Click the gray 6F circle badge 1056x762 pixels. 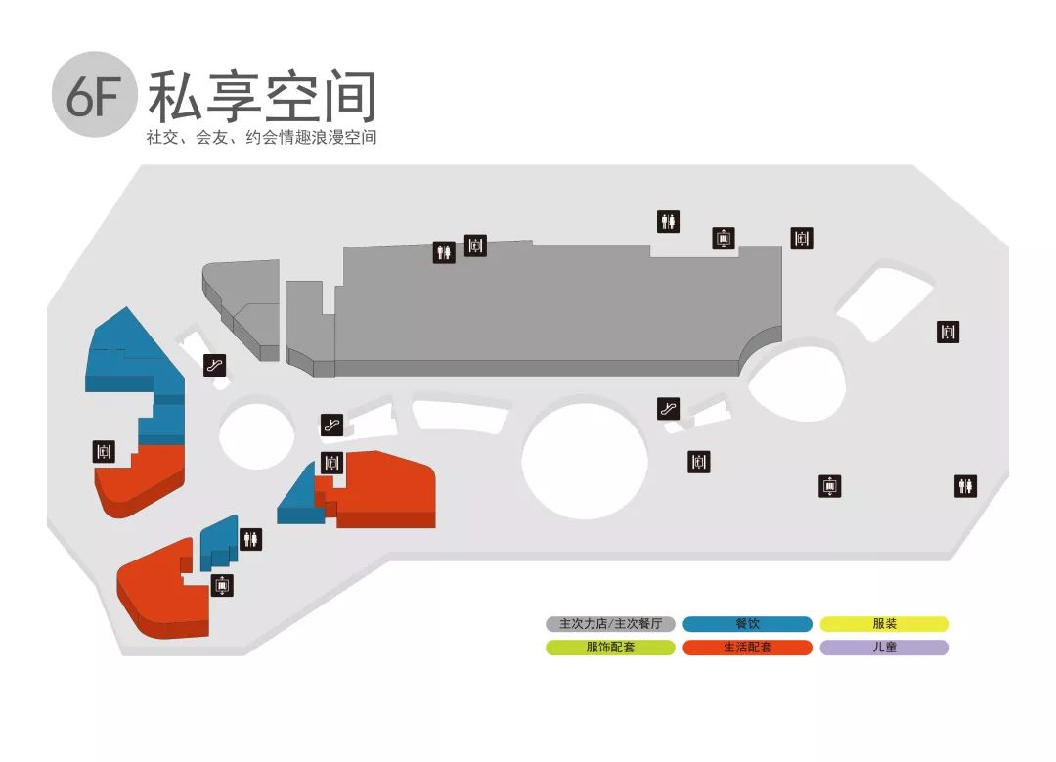pyautogui.click(x=94, y=95)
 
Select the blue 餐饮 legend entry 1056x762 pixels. pyautogui.click(x=747, y=624)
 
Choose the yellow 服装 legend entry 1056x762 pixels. pyautogui.click(x=884, y=624)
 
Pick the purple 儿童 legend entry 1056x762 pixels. pyautogui.click(x=884, y=648)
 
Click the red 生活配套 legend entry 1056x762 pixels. pyautogui.click(x=747, y=648)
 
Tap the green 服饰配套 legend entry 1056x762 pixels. pyautogui.click(x=610, y=648)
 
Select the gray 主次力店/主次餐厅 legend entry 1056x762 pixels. pyautogui.click(x=610, y=624)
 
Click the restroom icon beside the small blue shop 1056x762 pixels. pyautogui.click(x=251, y=538)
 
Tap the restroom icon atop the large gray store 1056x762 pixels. pyautogui.click(x=444, y=252)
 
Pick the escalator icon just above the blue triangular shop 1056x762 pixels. pyautogui.click(x=332, y=425)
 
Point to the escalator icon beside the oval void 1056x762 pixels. pyautogui.click(x=669, y=409)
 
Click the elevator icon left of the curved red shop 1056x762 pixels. pyautogui.click(x=105, y=452)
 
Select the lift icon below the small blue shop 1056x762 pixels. pyautogui.click(x=223, y=586)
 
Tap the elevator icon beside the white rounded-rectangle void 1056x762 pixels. pyautogui.click(x=946, y=332)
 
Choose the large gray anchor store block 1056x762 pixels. pyautogui.click(x=548, y=308)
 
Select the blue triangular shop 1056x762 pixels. pyautogui.click(x=300, y=499)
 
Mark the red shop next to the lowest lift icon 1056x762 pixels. pyautogui.click(x=161, y=592)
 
